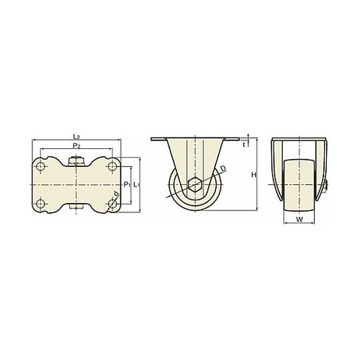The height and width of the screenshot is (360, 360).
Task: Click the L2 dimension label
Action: click(x=76, y=137)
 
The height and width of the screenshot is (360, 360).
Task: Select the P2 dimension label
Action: click(x=76, y=145)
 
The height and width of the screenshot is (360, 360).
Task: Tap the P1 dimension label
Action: click(x=127, y=184)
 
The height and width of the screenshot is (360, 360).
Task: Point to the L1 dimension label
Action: click(x=137, y=184)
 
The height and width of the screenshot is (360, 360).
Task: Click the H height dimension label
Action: click(x=253, y=175)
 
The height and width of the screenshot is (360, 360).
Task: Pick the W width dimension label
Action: click(x=300, y=219)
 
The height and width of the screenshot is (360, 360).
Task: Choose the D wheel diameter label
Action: click(x=223, y=168)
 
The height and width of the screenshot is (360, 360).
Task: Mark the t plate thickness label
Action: click(x=244, y=145)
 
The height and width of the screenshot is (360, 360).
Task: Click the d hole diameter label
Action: click(x=116, y=194)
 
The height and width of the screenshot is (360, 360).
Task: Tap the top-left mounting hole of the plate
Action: click(x=40, y=166)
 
